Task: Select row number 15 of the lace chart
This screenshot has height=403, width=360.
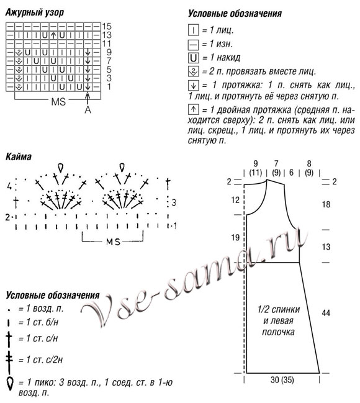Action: click(x=107, y=27)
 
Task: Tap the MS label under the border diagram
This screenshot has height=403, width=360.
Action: click(x=113, y=240)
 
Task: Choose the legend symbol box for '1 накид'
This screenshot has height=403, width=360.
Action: click(x=193, y=58)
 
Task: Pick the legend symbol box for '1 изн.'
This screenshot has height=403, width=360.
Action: click(x=193, y=43)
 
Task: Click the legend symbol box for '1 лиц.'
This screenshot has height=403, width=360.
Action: click(x=193, y=29)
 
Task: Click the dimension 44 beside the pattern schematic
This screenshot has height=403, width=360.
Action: click(x=325, y=314)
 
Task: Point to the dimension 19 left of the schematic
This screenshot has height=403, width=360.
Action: click(x=235, y=237)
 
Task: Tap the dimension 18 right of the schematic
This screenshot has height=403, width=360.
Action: click(x=325, y=204)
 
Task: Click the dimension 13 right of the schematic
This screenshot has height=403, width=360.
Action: click(x=325, y=247)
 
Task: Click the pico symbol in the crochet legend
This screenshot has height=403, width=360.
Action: click(x=10, y=383)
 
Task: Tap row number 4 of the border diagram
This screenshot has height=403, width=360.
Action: click(x=9, y=186)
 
